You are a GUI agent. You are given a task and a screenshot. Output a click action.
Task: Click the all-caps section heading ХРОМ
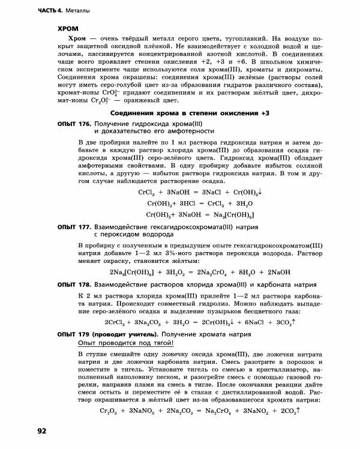(x=68, y=28)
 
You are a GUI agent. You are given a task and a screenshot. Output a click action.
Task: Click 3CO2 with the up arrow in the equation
(x=284, y=322)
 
